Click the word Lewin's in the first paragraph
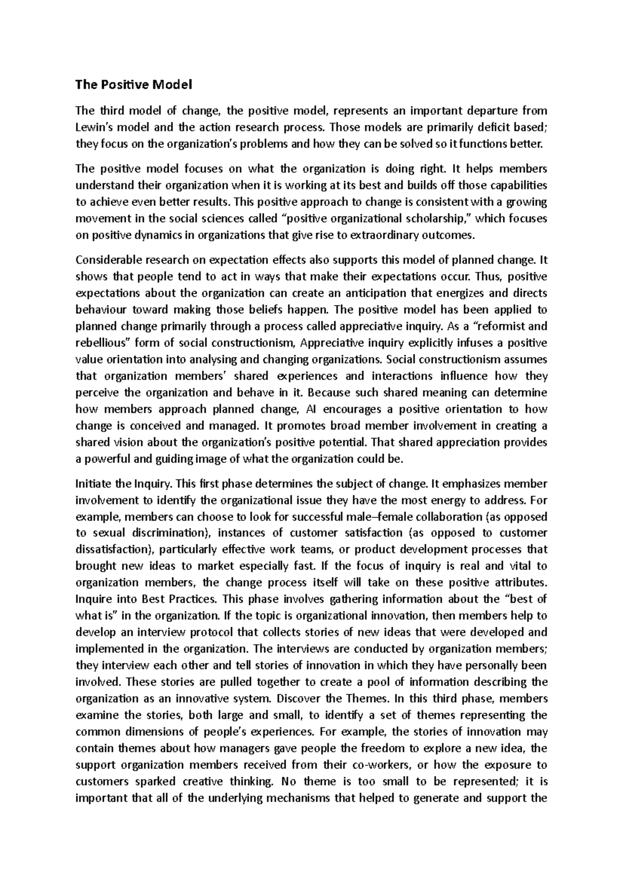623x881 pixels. coord(93,127)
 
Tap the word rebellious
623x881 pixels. coord(104,343)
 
